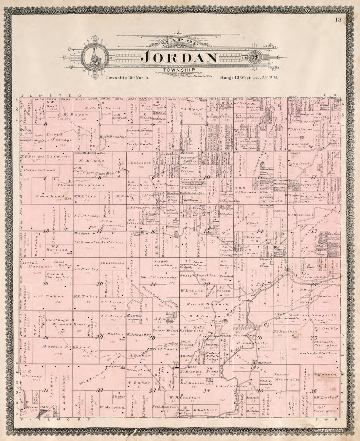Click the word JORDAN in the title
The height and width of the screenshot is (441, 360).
pos(180,58)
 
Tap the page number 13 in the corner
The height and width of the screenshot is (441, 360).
pos(338,19)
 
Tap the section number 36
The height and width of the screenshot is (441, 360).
pos(315,391)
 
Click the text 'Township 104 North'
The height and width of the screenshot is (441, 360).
pos(127,78)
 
